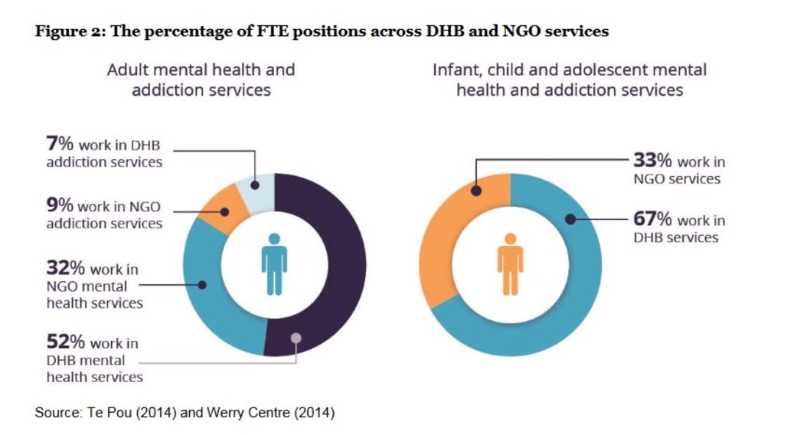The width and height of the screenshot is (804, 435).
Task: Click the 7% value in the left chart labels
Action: (x=59, y=145)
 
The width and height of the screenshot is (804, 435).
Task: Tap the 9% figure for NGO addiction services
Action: (x=59, y=206)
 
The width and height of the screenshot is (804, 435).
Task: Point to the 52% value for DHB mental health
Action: (x=65, y=342)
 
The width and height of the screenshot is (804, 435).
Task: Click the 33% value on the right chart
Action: (x=652, y=161)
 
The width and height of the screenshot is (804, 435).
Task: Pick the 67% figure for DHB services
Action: (x=652, y=220)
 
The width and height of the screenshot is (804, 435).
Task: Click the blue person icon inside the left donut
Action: (x=274, y=264)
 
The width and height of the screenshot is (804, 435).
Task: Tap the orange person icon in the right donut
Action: (x=510, y=264)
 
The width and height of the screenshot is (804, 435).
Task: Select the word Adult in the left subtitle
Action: (x=126, y=70)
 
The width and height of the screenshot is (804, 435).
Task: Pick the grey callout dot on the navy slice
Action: (x=296, y=338)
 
